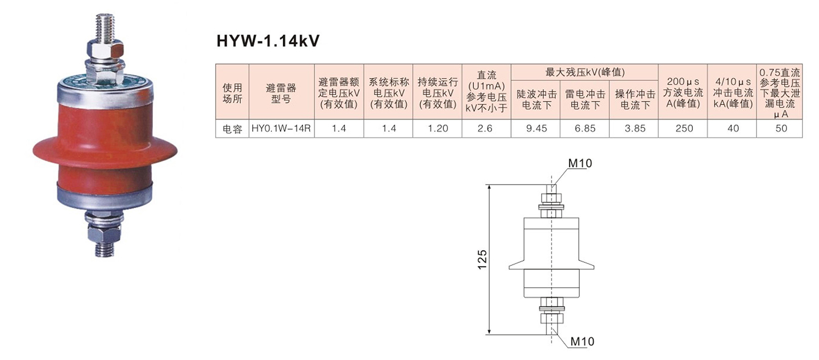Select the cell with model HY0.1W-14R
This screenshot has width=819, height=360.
tap(282, 128)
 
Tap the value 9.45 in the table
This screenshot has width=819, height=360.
tap(536, 128)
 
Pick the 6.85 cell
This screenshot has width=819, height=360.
tap(585, 128)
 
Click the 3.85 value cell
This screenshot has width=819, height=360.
tap(634, 128)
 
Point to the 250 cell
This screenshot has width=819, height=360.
tap(683, 128)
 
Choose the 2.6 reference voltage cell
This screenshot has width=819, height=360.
tap(486, 128)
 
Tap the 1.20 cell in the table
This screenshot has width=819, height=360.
tap(437, 128)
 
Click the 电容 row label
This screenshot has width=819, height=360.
tap(233, 128)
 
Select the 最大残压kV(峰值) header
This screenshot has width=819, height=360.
tap(585, 72)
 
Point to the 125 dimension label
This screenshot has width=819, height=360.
tap(481, 259)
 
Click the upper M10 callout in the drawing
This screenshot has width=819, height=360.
tap(580, 163)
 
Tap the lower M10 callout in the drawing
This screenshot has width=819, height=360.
tap(582, 342)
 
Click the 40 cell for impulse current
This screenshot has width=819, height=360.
tap(732, 128)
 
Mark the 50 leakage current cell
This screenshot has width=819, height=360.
tap(780, 128)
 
